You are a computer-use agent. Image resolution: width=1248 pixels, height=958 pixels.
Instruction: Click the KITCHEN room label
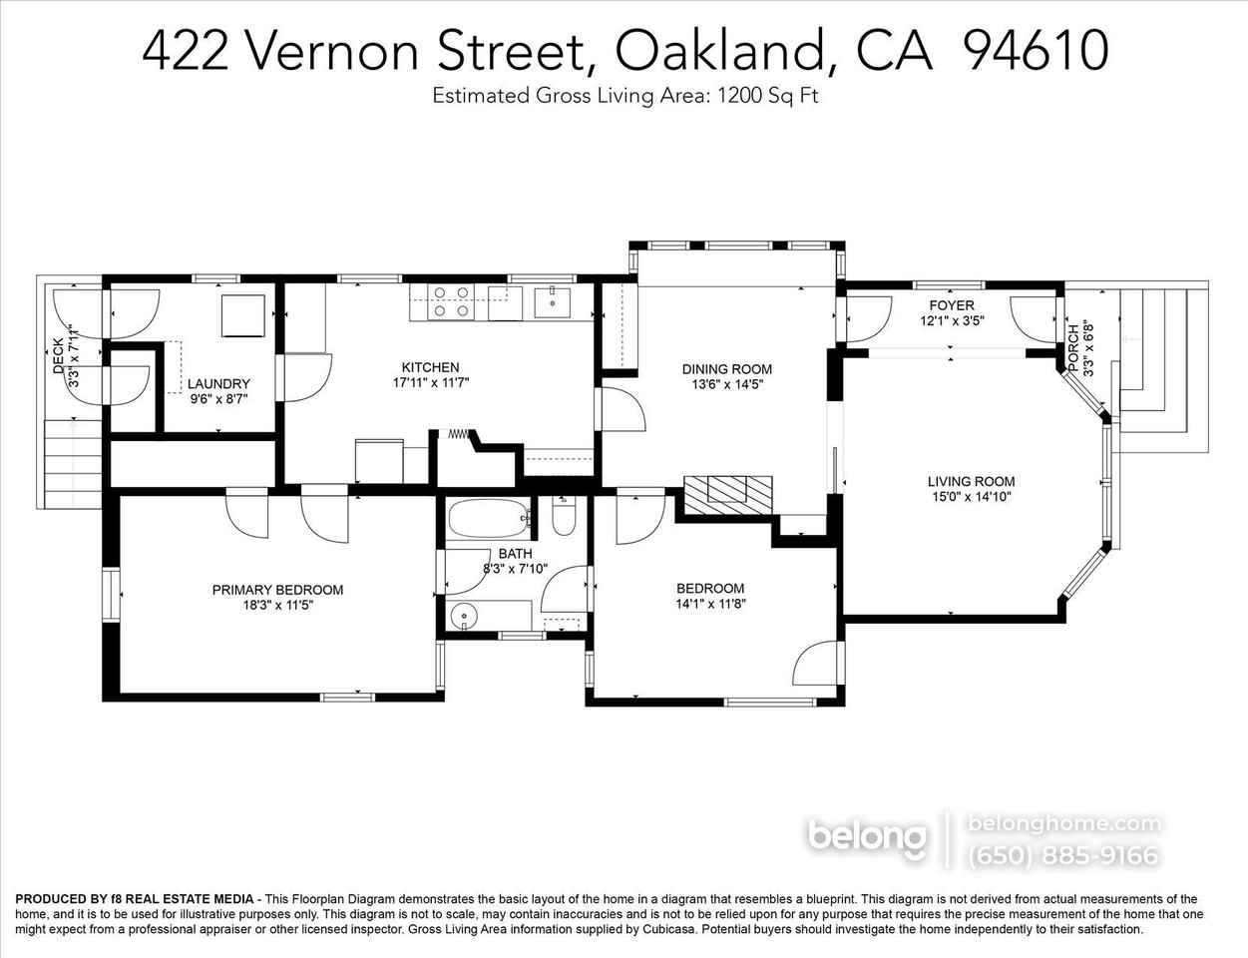tap(430, 367)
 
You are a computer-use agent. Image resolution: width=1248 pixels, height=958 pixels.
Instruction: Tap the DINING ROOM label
tap(726, 369)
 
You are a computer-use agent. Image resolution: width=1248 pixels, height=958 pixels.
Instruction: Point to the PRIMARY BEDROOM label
tap(277, 590)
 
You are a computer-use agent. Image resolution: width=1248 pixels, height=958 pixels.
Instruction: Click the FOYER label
tap(952, 305)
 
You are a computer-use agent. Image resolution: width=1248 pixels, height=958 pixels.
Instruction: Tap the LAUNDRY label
tap(218, 384)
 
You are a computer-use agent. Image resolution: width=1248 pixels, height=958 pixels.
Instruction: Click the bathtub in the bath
tap(488, 519)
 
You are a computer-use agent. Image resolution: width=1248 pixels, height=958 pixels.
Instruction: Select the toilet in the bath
tap(563, 519)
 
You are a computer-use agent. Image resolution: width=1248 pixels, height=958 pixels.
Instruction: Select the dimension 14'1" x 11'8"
tap(710, 604)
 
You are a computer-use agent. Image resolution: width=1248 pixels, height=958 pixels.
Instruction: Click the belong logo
tap(866, 837)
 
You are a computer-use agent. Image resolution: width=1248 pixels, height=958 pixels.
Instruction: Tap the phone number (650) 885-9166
tap(1063, 855)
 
